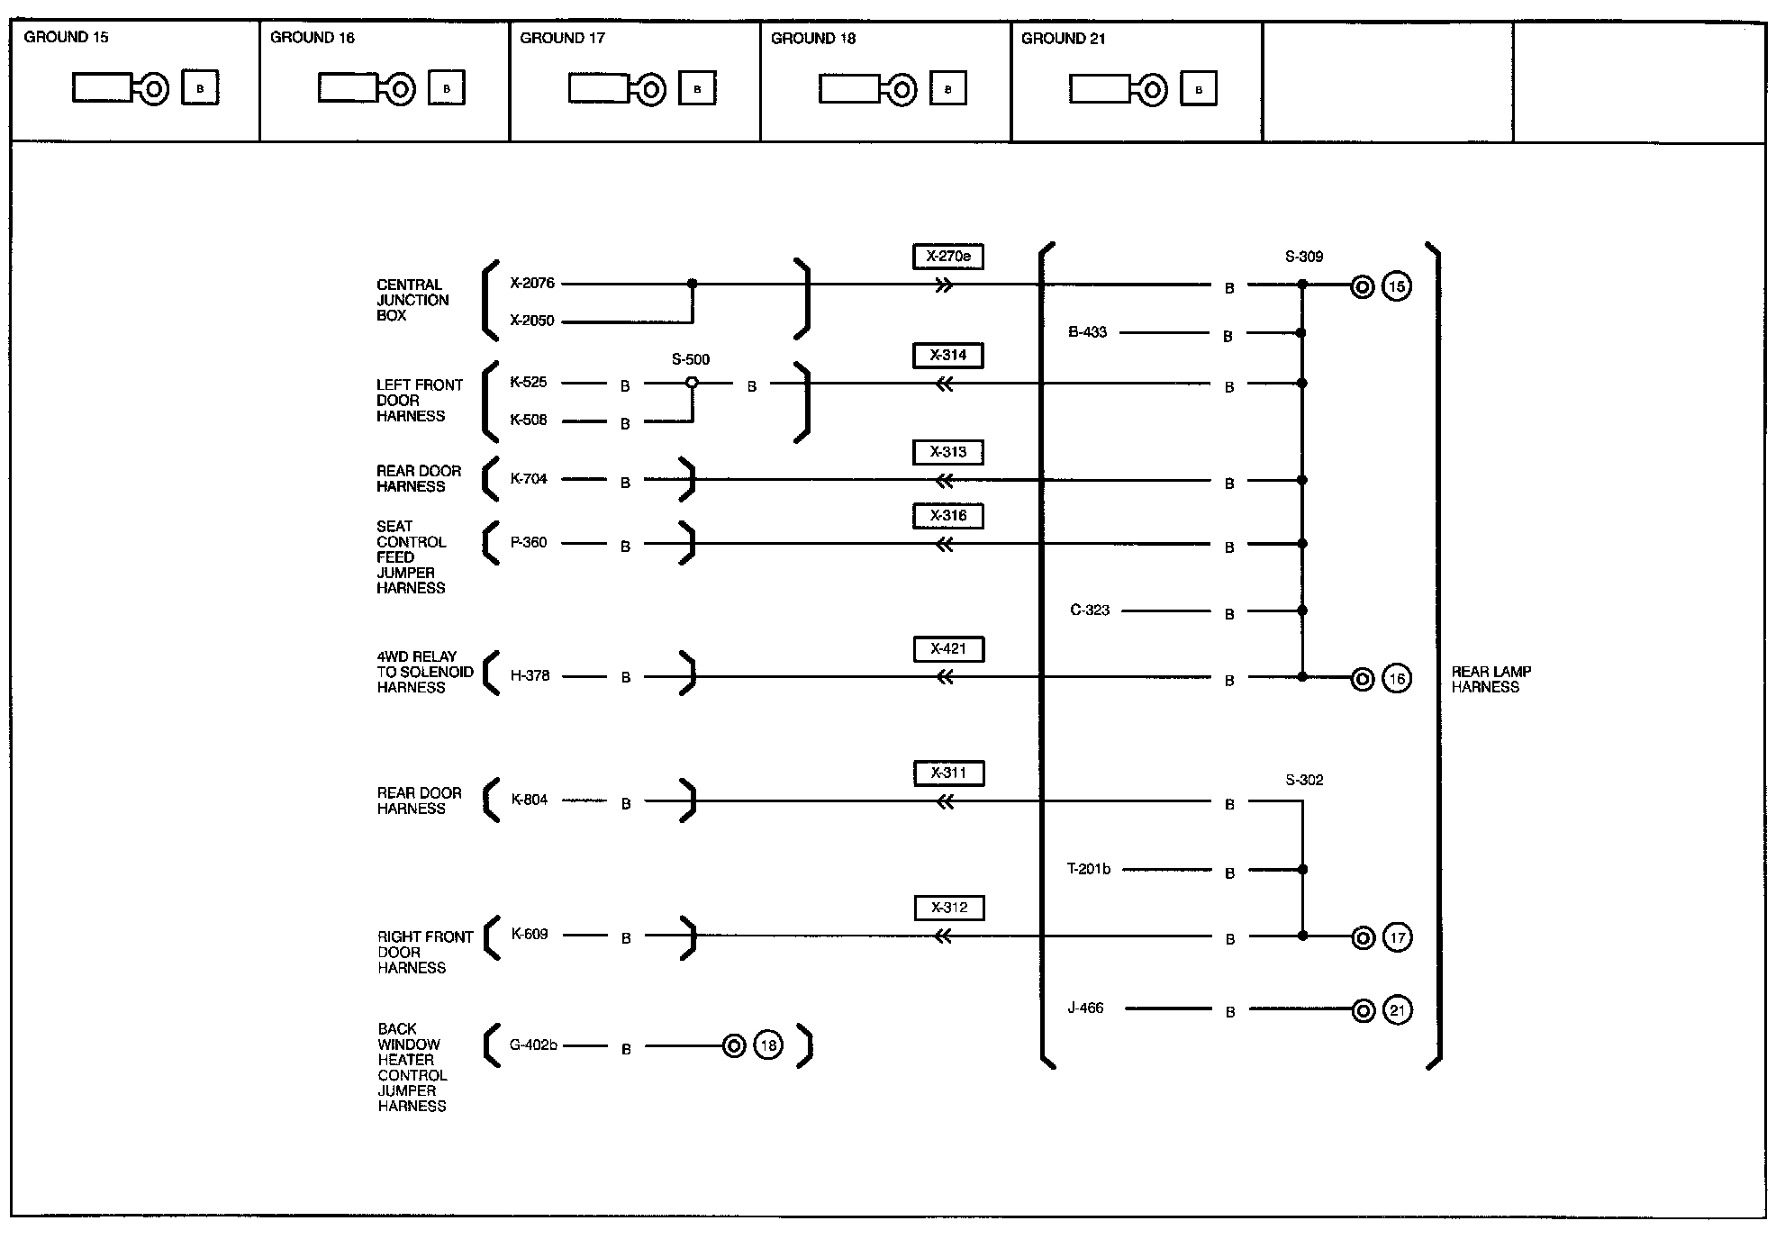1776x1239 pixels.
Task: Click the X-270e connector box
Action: [948, 257]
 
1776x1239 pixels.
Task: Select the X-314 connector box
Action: [948, 356]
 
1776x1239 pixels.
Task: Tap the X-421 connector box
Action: [948, 649]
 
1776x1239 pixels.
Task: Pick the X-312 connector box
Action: [949, 908]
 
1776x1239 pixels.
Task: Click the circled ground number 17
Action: [1397, 938]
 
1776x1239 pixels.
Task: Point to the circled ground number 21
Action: [1397, 1010]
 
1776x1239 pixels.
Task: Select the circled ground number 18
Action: [768, 1045]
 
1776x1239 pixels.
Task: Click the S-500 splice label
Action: [691, 359]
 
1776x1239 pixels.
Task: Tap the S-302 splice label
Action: [1304, 780]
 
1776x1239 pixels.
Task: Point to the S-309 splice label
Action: [1304, 257]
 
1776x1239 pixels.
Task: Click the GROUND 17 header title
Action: [563, 38]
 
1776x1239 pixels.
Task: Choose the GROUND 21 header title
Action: [1064, 39]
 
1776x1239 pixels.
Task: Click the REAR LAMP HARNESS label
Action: [1491, 679]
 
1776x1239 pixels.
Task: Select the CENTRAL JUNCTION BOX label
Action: [412, 300]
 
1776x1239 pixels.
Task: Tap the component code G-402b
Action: [533, 1045]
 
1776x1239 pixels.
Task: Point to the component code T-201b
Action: [1089, 869]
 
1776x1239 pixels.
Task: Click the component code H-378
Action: [530, 675]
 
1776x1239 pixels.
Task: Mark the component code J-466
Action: [1085, 1008]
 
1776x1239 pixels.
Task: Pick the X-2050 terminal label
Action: [532, 321]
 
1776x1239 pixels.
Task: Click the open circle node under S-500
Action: [692, 383]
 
